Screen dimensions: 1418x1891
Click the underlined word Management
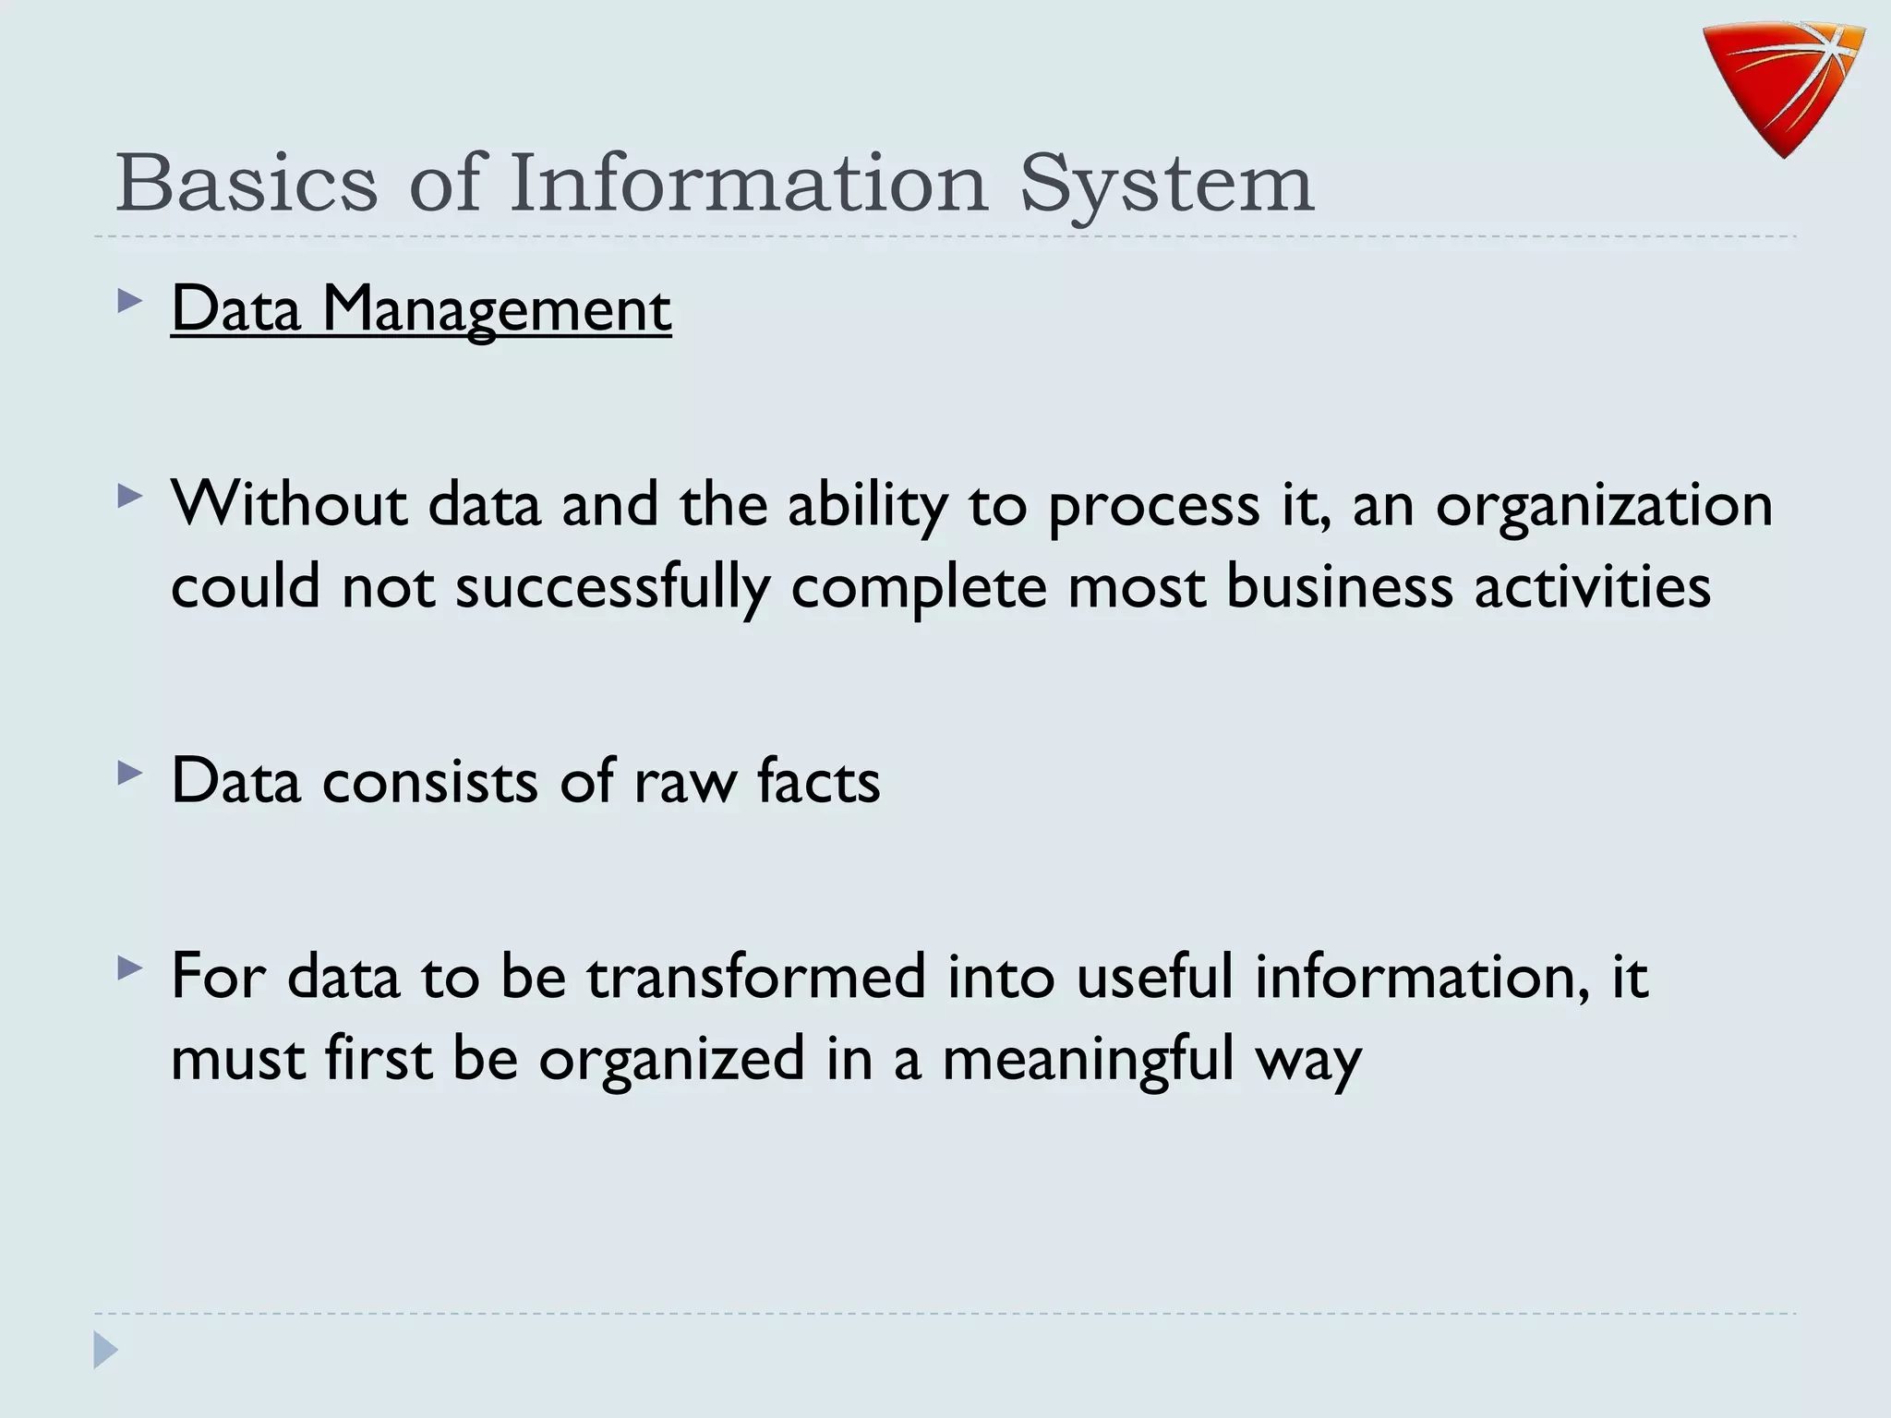point(496,309)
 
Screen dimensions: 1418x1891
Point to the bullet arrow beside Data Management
point(130,302)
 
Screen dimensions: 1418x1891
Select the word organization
point(1604,506)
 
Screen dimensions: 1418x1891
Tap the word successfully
point(612,587)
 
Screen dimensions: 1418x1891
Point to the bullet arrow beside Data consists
point(130,773)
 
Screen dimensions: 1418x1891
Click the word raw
point(685,781)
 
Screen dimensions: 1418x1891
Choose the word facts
point(818,780)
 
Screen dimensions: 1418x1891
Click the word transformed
point(755,976)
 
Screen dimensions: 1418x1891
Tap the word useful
point(1154,976)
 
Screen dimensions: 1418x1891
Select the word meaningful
point(1089,1059)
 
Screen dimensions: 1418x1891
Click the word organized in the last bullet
point(671,1059)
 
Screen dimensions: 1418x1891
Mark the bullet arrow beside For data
point(130,968)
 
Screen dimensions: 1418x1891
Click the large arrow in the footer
point(105,1351)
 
